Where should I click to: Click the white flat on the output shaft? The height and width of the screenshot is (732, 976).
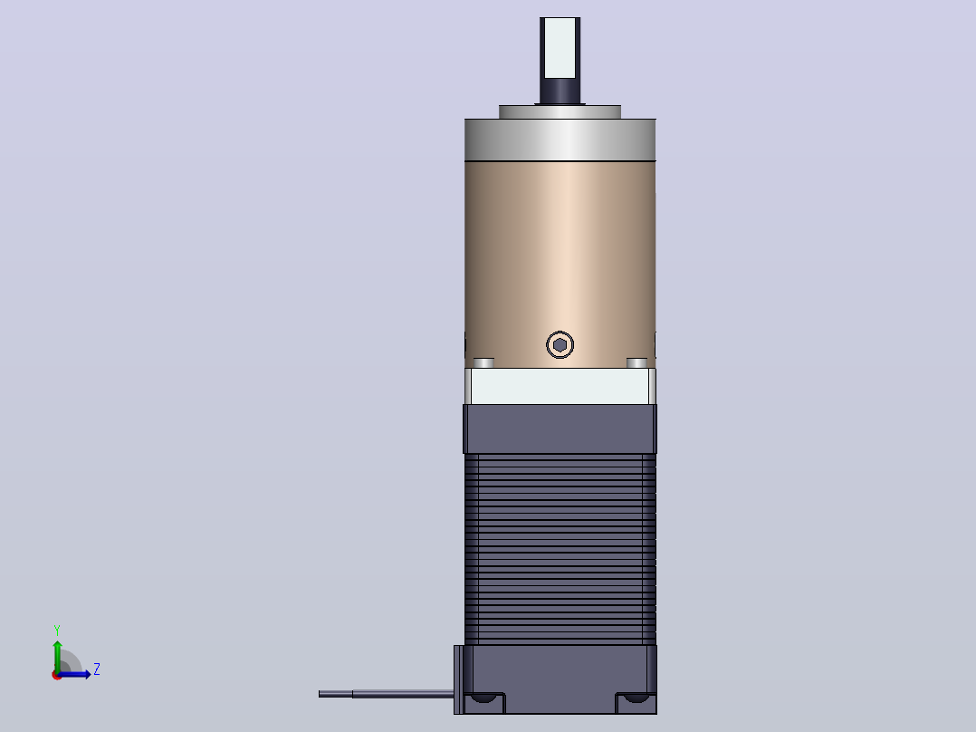click(560, 48)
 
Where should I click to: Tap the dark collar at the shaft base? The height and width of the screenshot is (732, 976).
click(560, 91)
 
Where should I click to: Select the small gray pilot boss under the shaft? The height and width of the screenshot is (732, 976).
click(560, 112)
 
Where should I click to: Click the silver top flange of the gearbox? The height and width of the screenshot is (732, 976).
click(560, 140)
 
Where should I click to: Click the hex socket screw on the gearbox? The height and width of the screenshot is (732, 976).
click(560, 344)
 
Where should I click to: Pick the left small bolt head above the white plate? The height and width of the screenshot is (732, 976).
click(483, 362)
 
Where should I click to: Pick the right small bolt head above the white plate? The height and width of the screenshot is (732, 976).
click(636, 362)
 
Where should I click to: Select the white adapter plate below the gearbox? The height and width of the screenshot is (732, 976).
click(560, 386)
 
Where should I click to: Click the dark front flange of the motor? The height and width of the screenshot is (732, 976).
click(560, 429)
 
